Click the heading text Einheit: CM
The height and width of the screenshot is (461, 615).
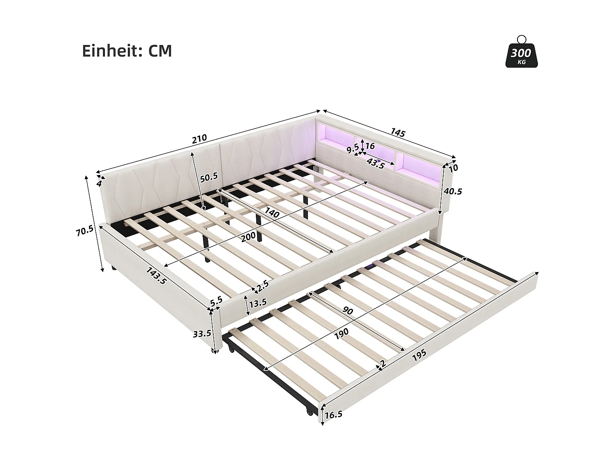point(127,51)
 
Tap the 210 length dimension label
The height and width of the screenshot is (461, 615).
point(200,139)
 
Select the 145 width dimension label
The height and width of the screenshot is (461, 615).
point(398,133)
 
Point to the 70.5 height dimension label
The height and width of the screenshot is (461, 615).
point(85,231)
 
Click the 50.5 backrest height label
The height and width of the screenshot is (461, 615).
point(209,177)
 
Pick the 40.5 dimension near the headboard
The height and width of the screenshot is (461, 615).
point(453,191)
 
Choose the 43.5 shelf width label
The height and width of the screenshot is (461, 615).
point(376,163)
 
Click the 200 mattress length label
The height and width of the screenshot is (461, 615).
point(248,237)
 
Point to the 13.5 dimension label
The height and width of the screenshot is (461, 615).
point(258,302)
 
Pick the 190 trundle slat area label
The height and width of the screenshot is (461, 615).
point(341,332)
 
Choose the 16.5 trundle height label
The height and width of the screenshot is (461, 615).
point(333,415)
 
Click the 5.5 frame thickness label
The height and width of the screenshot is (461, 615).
point(216,300)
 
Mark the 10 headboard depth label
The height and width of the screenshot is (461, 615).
point(453,168)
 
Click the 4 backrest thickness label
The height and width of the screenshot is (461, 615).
point(99,183)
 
